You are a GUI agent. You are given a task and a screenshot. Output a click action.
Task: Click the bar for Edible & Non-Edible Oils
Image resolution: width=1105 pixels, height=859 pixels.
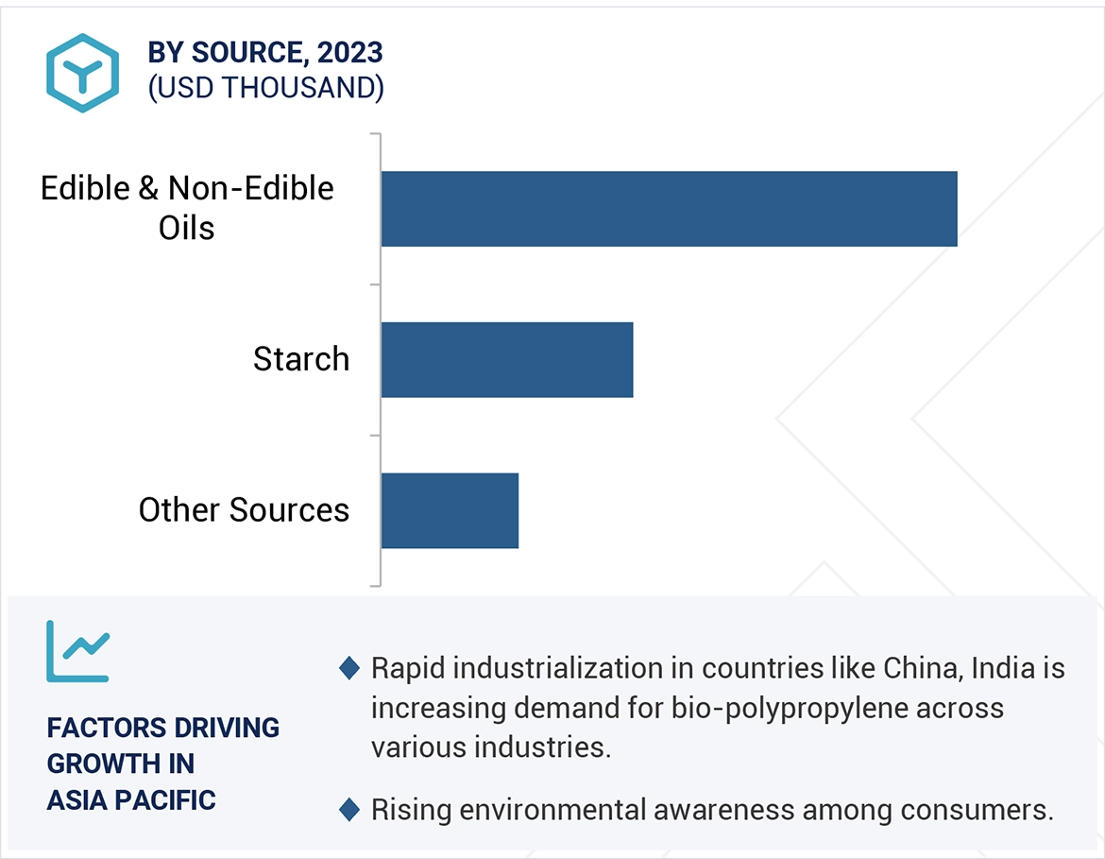(669, 209)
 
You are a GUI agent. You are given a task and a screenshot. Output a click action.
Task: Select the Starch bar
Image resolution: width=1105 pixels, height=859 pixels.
(507, 359)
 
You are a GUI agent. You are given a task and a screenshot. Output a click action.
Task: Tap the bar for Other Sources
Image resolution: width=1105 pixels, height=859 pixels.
(450, 510)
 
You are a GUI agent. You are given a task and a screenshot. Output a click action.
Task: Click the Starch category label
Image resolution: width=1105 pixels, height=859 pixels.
(301, 359)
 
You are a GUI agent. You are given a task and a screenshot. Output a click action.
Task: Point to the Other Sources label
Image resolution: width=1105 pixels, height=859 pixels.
(244, 510)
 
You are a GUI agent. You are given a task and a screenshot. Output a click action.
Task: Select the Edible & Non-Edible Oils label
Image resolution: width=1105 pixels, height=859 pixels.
(187, 208)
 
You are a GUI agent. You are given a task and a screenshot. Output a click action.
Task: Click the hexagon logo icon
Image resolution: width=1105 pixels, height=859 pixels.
(82, 73)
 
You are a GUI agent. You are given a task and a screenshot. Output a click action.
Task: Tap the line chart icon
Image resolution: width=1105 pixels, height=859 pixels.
(78, 652)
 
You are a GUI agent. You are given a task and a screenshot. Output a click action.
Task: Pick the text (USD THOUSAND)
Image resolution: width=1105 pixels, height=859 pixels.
(265, 87)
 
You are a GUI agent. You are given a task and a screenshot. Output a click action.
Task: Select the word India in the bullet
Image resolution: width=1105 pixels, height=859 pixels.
(1002, 668)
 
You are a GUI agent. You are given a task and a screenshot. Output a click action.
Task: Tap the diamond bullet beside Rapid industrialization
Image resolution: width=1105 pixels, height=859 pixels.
(348, 669)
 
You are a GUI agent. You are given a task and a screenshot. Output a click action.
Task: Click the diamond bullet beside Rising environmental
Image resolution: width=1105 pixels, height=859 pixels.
(348, 810)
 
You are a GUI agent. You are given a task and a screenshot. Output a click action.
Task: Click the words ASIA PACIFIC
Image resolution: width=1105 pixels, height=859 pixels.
(131, 799)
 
